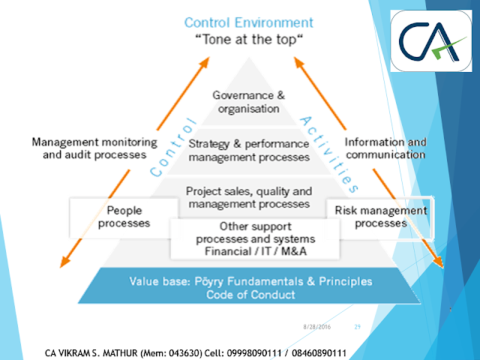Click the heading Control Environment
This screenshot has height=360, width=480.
point(249,22)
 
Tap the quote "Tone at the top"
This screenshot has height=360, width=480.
point(249,40)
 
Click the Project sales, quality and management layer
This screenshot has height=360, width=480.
point(248,197)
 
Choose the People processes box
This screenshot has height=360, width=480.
point(124,217)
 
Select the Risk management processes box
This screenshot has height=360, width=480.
point(380,217)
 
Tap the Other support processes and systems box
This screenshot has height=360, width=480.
point(249,238)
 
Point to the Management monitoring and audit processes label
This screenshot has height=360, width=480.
point(94,148)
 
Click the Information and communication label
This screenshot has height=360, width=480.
point(385,148)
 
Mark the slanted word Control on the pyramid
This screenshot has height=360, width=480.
point(175,145)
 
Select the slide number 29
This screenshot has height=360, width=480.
point(357,327)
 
